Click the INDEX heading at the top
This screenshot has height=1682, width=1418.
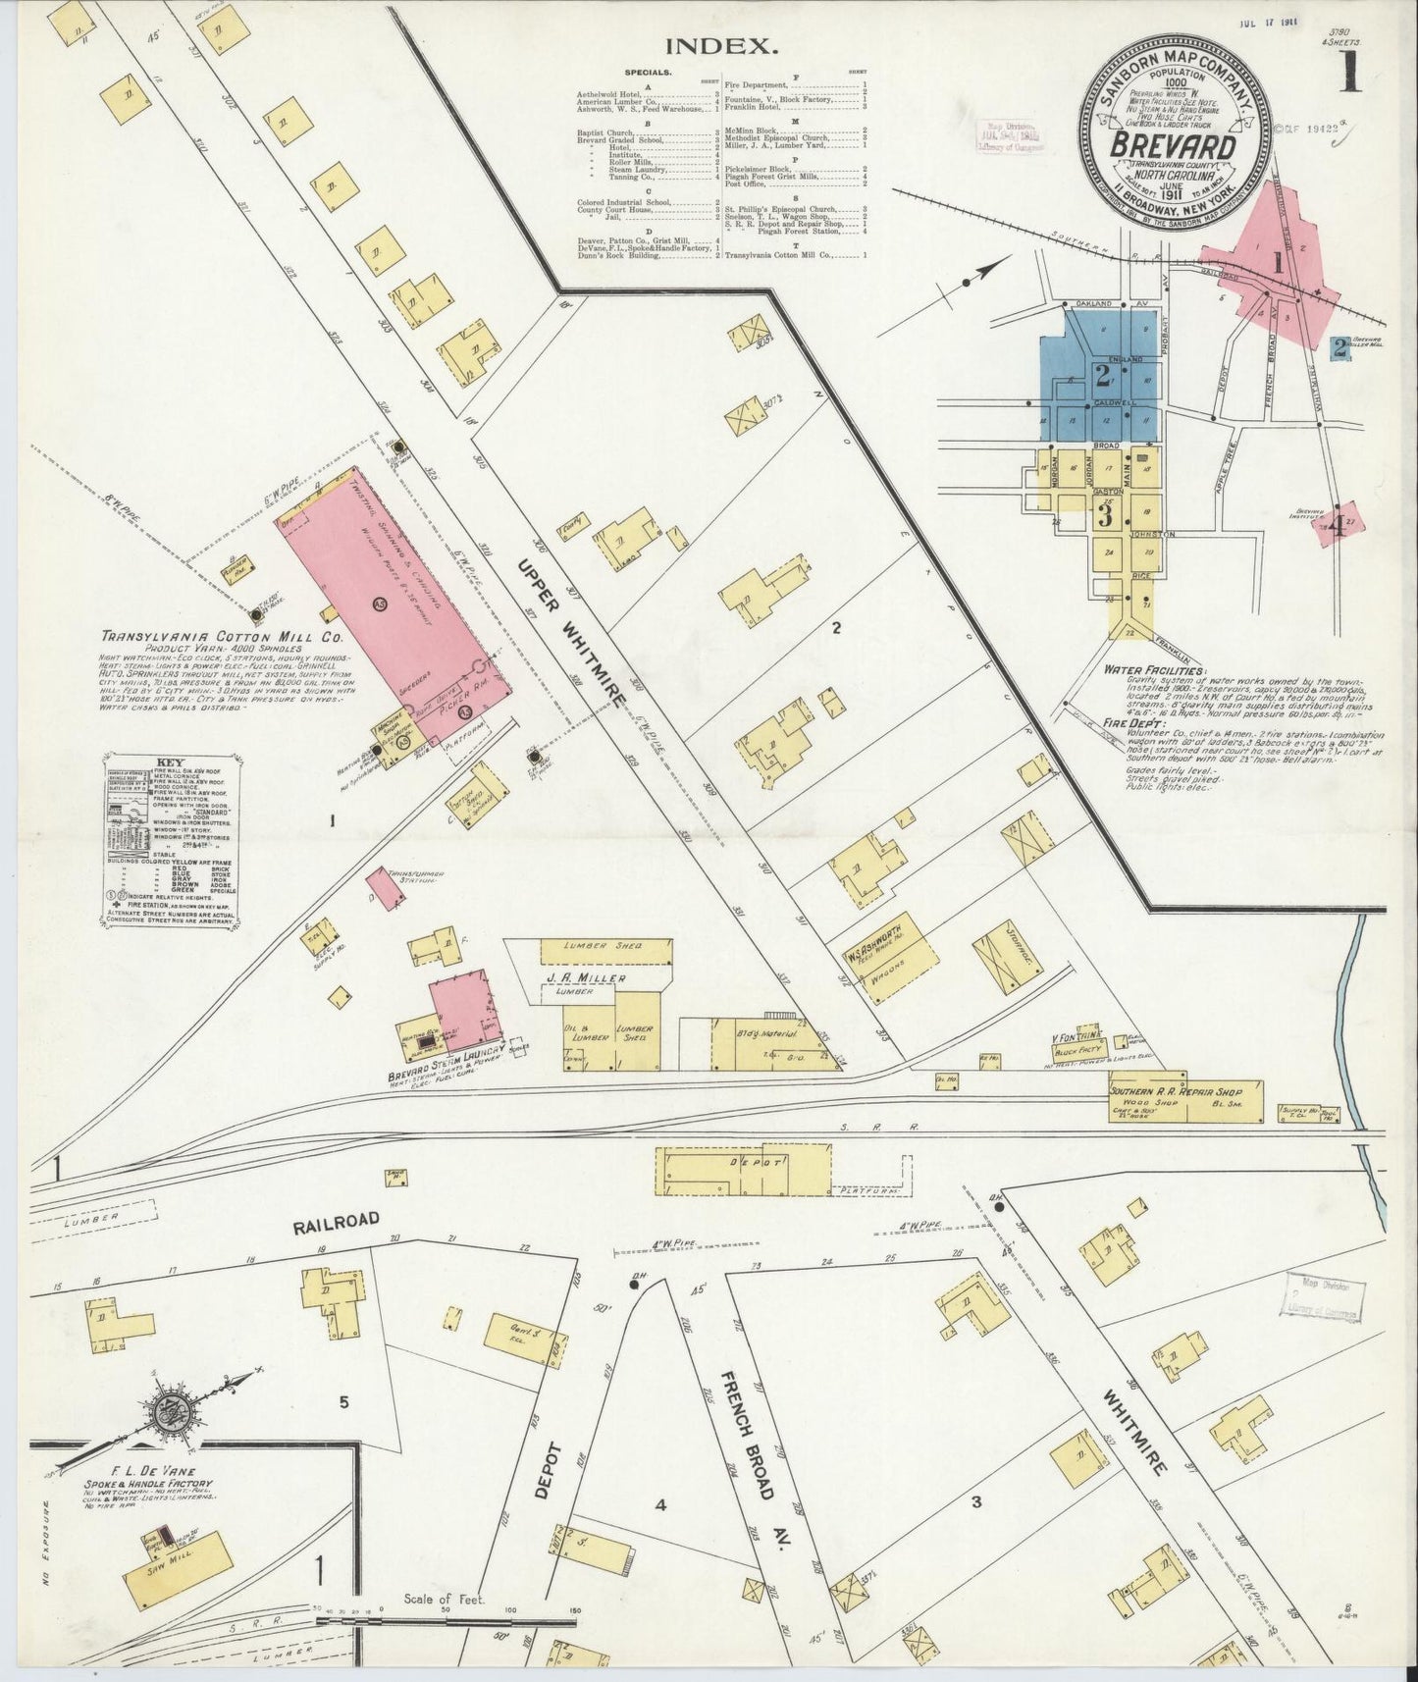coord(721,45)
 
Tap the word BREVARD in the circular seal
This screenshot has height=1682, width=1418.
coord(1173,145)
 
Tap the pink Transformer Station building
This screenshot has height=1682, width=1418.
coord(380,884)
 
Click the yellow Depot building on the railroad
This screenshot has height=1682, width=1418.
coord(744,1161)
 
